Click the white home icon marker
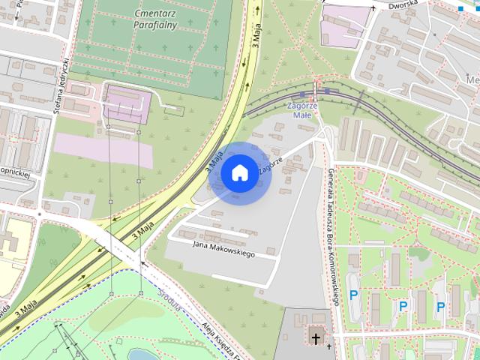click(x=239, y=173)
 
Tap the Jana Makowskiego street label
click(x=223, y=249)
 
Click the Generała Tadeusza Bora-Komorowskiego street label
click(x=333, y=237)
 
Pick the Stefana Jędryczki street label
click(x=61, y=85)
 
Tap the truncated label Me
click(x=472, y=80)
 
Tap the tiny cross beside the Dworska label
click(x=372, y=7)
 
